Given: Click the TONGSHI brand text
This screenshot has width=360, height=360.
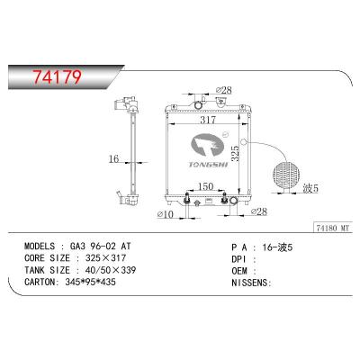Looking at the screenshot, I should coord(209,163).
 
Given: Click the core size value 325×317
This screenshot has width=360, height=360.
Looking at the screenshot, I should coord(111,256).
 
